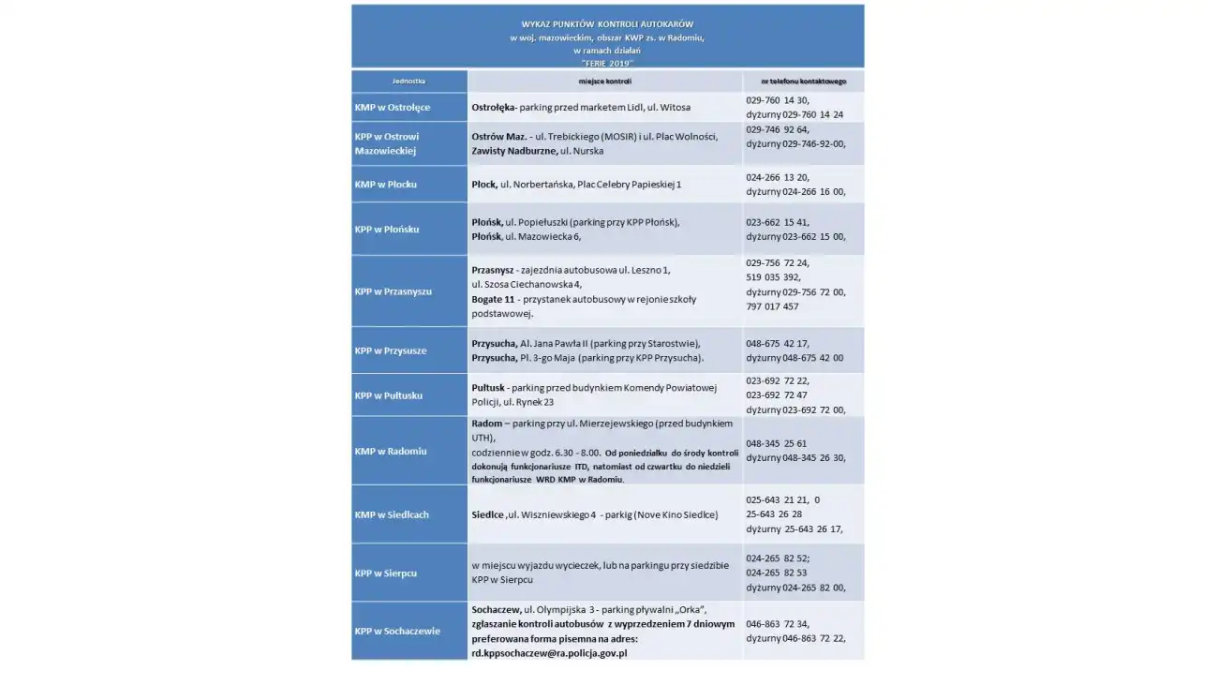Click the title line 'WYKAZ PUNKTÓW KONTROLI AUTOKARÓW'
tap(607, 24)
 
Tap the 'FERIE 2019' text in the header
tap(607, 63)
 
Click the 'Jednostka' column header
tap(408, 82)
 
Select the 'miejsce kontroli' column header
tap(604, 82)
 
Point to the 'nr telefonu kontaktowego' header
tap(803, 82)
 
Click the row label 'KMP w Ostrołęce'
tap(392, 108)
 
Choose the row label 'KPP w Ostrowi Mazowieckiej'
tap(387, 143)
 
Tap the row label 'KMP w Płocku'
tap(385, 185)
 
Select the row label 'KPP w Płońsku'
tap(387, 230)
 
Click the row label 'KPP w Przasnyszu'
tap(393, 291)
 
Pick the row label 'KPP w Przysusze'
tap(390, 350)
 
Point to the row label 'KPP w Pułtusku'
tap(388, 395)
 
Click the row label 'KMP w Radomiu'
tap(390, 451)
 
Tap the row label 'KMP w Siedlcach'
tap(392, 514)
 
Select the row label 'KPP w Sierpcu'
tap(385, 573)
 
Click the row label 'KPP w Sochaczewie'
tap(396, 631)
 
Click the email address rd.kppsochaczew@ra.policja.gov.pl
tap(549, 653)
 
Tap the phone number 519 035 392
tap(773, 277)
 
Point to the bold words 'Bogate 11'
tap(493, 299)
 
